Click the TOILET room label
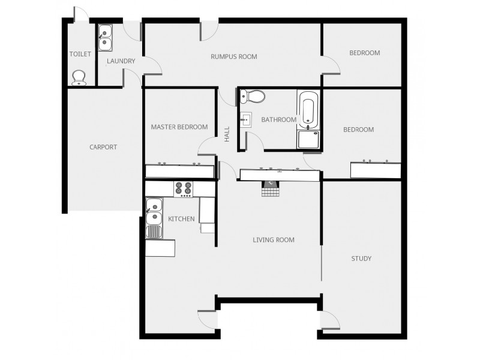(x=80, y=54)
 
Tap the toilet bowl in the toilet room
(x=79, y=77)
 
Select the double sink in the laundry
(x=106, y=36)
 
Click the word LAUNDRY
(x=121, y=61)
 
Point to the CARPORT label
(x=103, y=147)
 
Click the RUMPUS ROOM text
(x=233, y=57)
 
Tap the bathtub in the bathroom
(x=308, y=109)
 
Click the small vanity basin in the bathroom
(x=246, y=119)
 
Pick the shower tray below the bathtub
(x=308, y=139)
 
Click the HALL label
(x=227, y=133)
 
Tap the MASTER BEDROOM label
(x=179, y=127)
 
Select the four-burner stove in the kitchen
(x=183, y=189)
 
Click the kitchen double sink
(x=154, y=211)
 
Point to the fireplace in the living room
(x=271, y=187)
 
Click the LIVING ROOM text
(x=274, y=240)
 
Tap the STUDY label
(x=361, y=259)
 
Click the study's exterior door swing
(x=329, y=321)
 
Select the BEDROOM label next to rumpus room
(x=365, y=53)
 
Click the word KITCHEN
(x=181, y=219)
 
